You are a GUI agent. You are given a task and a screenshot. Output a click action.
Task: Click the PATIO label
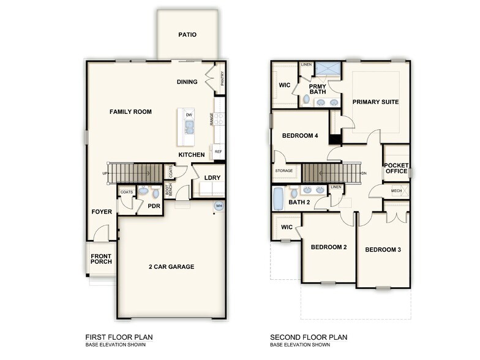coord(187,34)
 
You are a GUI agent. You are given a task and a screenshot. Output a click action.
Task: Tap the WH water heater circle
coord(219,206)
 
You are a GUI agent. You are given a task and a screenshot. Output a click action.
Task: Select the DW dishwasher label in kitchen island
coord(189,115)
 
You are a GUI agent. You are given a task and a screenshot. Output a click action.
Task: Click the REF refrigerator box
coord(217,151)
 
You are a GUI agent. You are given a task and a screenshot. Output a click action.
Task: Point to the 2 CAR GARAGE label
coord(171,266)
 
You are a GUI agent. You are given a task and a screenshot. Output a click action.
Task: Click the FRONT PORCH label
coord(101,259)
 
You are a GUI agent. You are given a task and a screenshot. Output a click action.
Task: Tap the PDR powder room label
coord(154,206)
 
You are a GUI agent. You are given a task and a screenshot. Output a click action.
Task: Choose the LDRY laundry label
coord(212,178)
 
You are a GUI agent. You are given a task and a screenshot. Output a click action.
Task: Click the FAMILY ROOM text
coord(130,111)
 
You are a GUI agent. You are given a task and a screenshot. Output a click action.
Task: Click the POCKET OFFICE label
coord(396,168)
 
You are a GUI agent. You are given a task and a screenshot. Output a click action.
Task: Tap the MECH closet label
coord(396,190)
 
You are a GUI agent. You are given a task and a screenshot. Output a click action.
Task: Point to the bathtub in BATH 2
coord(279,198)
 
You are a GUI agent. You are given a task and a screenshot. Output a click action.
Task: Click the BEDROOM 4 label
coord(299,135)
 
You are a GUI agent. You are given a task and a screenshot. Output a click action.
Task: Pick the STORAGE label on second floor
coord(284,171)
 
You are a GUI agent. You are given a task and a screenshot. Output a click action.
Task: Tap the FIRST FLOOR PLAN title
coord(119,337)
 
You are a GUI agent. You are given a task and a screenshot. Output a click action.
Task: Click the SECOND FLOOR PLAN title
coord(309,337)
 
